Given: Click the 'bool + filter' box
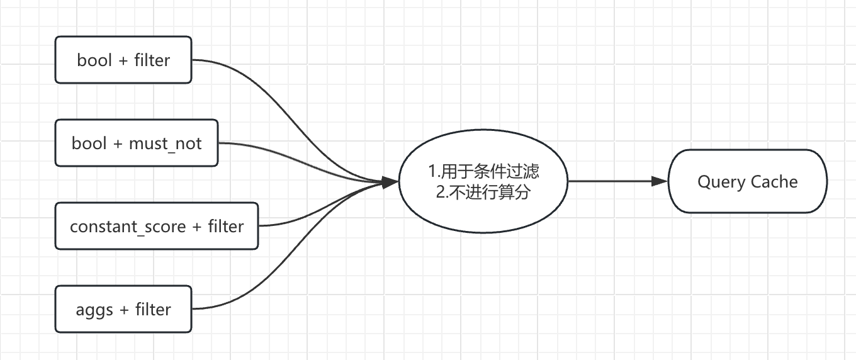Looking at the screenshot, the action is (x=123, y=60).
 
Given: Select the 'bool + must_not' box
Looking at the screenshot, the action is (x=137, y=143).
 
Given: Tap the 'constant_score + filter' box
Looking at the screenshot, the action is (x=157, y=226).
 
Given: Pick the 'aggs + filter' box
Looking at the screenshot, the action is (x=123, y=309).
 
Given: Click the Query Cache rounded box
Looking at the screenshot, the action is (x=747, y=182).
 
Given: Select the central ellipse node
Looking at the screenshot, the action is (x=483, y=182).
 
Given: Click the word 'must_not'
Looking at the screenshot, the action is (x=165, y=143).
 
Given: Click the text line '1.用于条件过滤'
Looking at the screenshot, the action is (x=483, y=171).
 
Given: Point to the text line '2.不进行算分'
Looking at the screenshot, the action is (x=483, y=192).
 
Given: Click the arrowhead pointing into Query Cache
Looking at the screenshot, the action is (x=660, y=182).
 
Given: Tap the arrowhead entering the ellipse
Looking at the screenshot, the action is (x=391, y=182).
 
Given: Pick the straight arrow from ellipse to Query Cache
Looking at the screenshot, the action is (x=611, y=182).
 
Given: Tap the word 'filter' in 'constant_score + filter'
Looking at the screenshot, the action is (x=226, y=226).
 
